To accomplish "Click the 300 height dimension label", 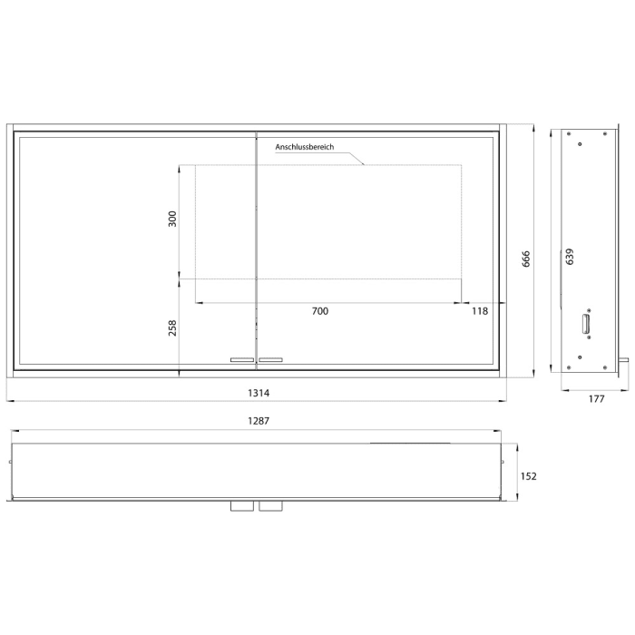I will [x=173, y=219].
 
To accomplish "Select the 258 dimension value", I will [x=173, y=327].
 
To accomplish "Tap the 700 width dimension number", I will [x=319, y=311].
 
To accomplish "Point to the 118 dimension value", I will [x=480, y=311].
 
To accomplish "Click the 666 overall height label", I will [x=525, y=259].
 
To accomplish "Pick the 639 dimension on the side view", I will [x=570, y=259].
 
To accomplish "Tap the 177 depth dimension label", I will [x=595, y=397].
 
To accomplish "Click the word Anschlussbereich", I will [x=305, y=147].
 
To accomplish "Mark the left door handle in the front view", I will [x=242, y=360].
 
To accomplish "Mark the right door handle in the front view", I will [x=270, y=360].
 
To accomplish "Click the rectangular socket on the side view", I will [x=586, y=323].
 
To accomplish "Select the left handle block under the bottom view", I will [x=241, y=505].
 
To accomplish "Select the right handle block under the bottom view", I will [x=270, y=505].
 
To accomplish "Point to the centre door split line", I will [x=257, y=245].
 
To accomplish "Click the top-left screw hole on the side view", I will [x=569, y=135].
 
